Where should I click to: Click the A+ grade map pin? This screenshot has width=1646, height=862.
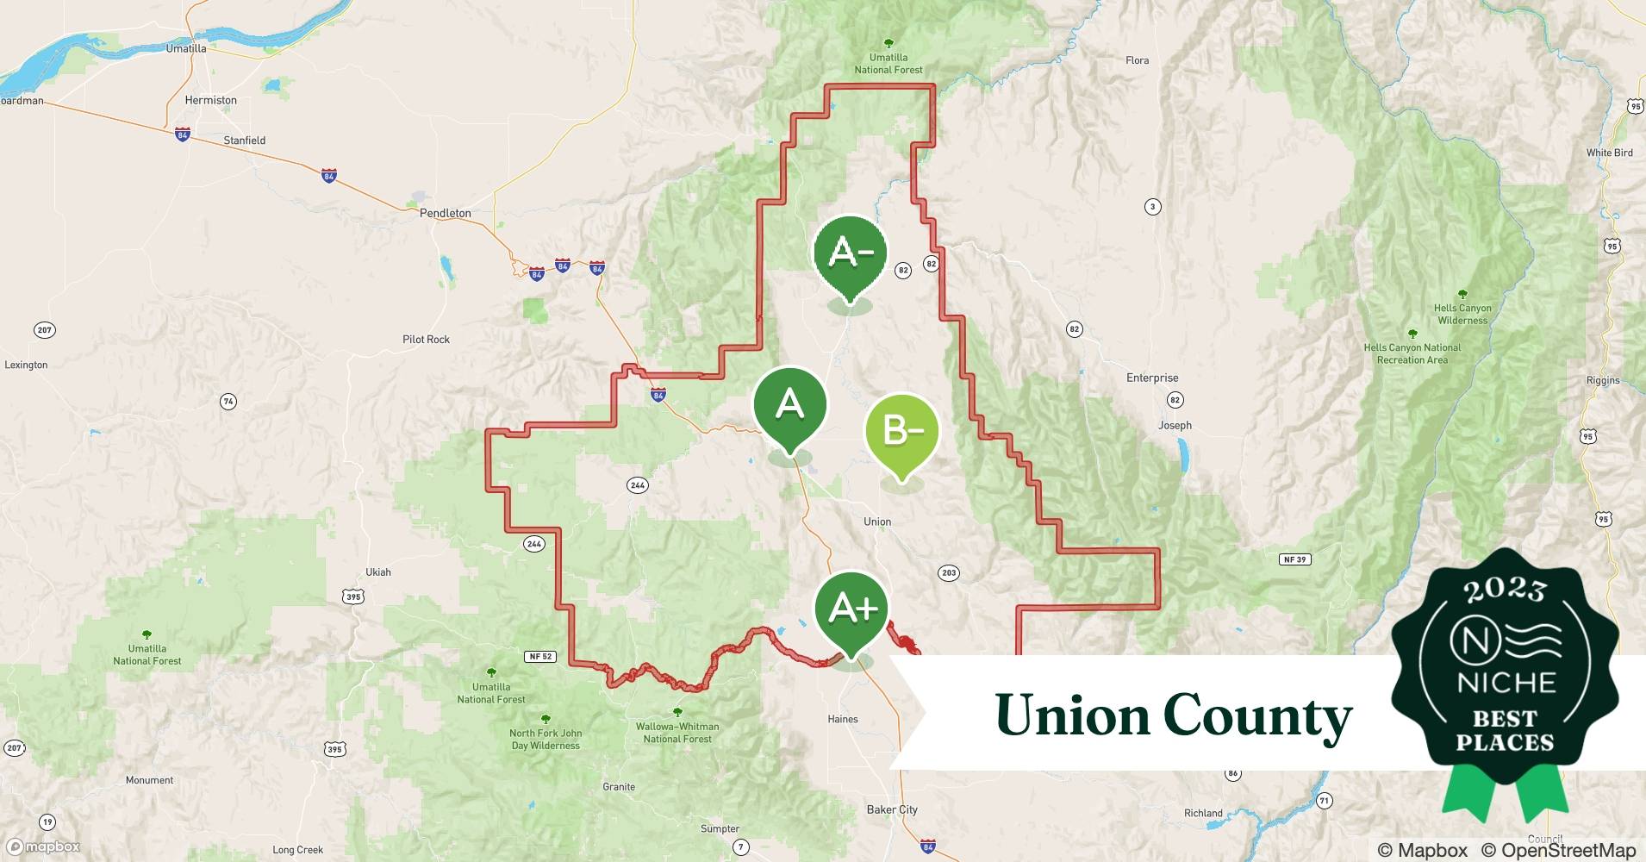click(x=851, y=610)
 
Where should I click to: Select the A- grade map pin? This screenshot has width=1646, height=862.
click(x=850, y=253)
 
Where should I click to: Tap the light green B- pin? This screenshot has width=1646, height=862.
click(x=901, y=430)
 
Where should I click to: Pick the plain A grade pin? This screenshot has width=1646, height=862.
click(x=789, y=404)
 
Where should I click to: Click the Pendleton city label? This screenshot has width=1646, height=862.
click(x=445, y=213)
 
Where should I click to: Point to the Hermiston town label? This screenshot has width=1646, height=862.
click(x=210, y=100)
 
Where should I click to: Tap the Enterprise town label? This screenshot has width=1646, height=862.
click(x=1151, y=378)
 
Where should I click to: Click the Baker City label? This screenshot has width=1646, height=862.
click(x=891, y=809)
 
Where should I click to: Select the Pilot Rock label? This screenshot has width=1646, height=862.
click(x=426, y=340)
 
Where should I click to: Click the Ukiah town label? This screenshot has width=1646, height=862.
click(x=377, y=572)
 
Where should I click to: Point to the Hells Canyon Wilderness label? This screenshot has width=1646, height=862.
click(x=1462, y=314)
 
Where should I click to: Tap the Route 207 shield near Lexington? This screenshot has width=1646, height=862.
click(x=44, y=330)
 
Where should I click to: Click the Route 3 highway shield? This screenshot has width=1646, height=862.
click(x=1152, y=207)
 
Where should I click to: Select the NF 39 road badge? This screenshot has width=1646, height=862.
click(x=1294, y=559)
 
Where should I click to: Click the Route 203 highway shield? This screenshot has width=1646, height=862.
click(x=949, y=572)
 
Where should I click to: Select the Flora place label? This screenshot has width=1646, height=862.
click(x=1137, y=60)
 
